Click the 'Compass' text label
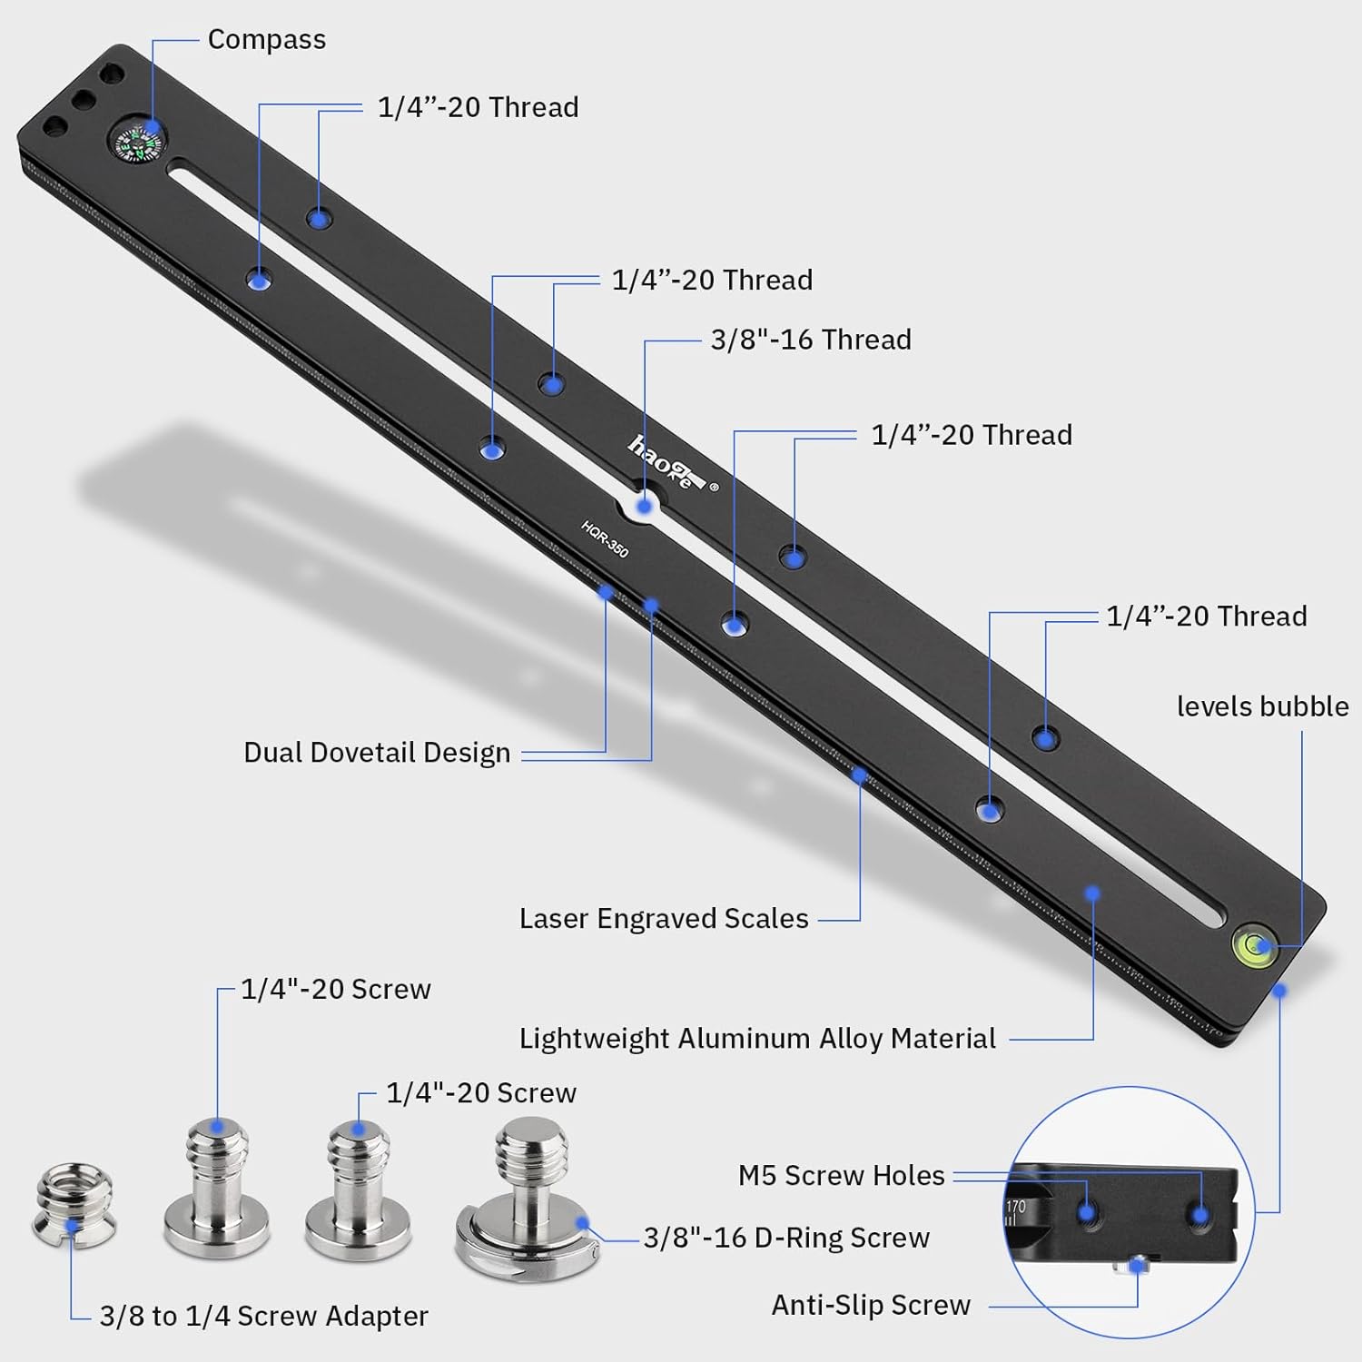pos(266,40)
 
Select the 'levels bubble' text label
pos(1262,706)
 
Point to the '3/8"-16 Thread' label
pos(811,340)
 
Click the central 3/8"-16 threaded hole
pos(645,505)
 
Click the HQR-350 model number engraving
pos(605,539)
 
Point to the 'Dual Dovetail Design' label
pos(377,753)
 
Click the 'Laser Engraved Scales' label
pos(664,919)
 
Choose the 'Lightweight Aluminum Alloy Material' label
pos(757,1039)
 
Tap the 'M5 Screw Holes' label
pos(841,1176)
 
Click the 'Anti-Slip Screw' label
pos(871,1306)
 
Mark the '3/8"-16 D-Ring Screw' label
pos(786,1239)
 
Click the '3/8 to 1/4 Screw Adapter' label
pos(263,1317)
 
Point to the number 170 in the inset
pos(1015,1207)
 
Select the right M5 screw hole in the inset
pos(1199,1214)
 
